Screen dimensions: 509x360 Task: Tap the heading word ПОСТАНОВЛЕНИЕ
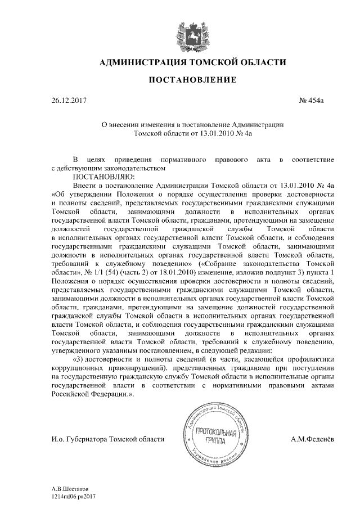tap(192, 81)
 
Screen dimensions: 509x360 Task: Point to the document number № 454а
tap(313, 101)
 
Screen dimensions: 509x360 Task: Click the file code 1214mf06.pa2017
tap(74, 497)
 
